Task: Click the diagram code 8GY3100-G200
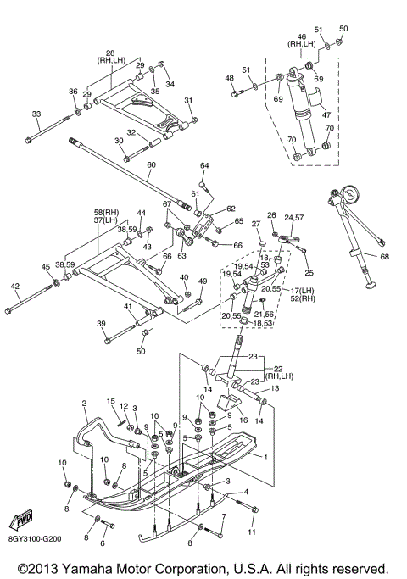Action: coord(35,539)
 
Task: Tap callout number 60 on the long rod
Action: coord(152,164)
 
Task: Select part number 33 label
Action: coord(36,114)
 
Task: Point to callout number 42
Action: coord(15,286)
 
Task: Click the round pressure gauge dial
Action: coord(348,195)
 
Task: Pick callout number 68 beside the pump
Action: coord(384,256)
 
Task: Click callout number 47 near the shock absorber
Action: coord(326,114)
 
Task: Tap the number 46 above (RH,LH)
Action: coord(302,36)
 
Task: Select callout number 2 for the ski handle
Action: coord(84,403)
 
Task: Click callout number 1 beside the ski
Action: coord(265,457)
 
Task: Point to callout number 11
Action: coord(253,532)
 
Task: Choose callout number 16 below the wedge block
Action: coord(243,420)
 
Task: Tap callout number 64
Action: coord(204,165)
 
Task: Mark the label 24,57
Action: coord(294,218)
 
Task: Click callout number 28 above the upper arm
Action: coord(110,53)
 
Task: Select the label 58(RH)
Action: coord(106,213)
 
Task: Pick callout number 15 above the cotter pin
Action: coord(111,401)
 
